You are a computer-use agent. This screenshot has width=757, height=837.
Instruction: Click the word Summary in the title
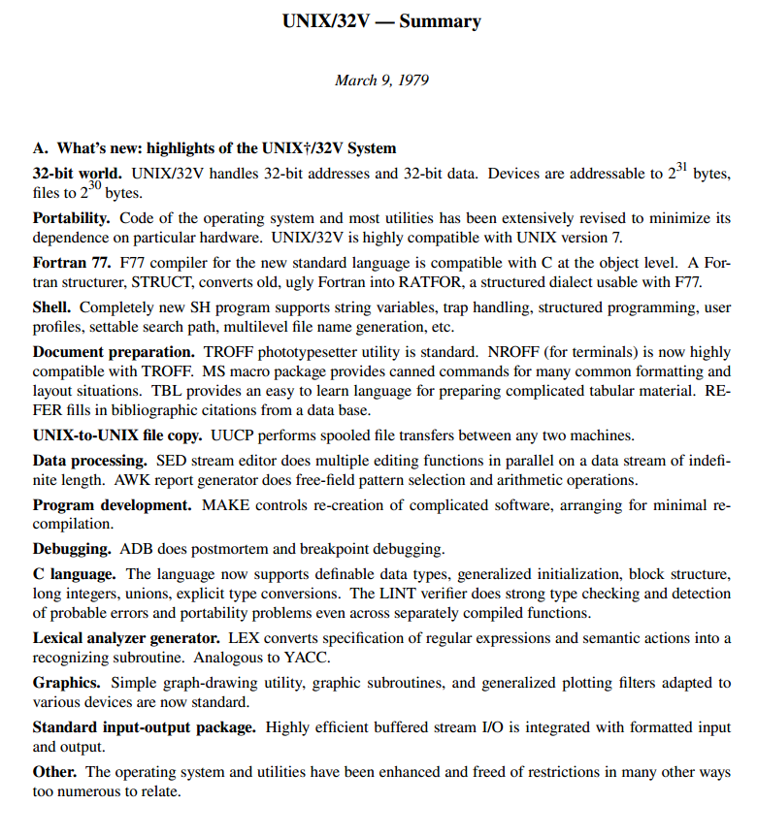[440, 21]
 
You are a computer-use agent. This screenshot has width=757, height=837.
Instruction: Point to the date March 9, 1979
[381, 80]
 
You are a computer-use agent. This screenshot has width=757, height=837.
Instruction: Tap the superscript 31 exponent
[683, 168]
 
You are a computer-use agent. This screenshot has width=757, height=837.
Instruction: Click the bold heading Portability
[72, 218]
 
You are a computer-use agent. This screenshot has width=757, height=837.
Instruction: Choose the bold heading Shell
[54, 307]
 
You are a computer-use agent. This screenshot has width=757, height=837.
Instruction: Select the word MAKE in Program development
[225, 505]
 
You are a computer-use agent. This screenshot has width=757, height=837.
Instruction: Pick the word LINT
[402, 594]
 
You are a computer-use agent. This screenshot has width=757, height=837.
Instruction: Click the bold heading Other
[55, 772]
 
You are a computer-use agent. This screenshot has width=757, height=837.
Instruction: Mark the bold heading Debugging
[72, 549]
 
